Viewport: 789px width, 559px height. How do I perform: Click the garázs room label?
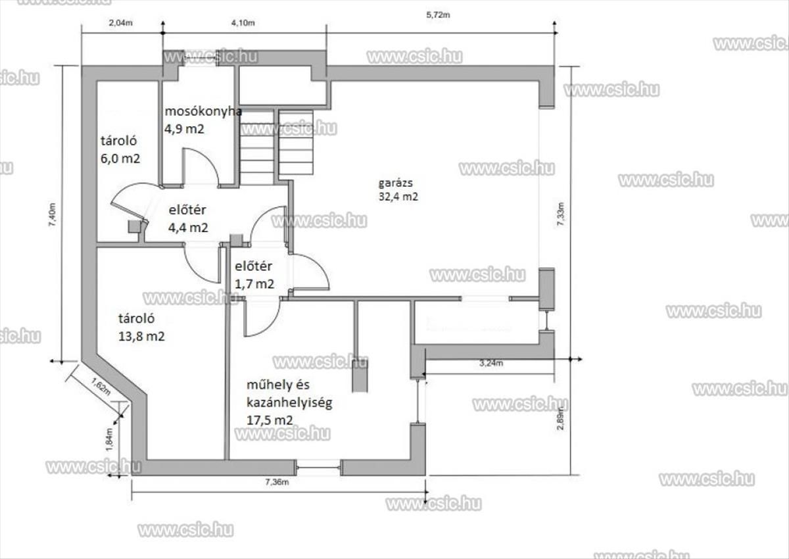396,183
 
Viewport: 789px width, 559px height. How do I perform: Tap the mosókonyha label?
203,111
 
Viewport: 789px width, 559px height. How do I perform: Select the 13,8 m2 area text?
141,336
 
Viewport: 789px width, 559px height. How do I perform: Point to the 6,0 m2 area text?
120,158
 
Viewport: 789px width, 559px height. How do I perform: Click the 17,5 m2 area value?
270,420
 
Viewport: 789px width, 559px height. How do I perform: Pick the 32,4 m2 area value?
398,197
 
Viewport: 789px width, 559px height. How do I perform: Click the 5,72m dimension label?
438,14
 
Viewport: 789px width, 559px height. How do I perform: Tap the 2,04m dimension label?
121,23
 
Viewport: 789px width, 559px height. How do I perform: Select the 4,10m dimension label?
243,23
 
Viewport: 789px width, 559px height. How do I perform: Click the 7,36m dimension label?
277,482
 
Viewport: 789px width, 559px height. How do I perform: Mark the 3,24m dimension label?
491,363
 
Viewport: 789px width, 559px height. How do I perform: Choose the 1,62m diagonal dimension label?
101,387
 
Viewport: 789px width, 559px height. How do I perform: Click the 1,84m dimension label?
109,439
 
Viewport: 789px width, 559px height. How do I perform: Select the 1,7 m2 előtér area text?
254,284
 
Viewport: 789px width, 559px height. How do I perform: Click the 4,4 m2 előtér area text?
188,228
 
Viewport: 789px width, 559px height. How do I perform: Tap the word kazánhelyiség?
289,402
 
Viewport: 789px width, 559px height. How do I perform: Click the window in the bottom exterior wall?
318,468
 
